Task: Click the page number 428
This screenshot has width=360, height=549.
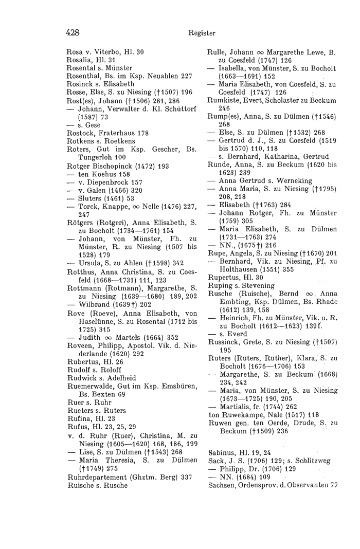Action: [x=73, y=33]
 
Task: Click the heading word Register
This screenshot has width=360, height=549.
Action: [x=200, y=33]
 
